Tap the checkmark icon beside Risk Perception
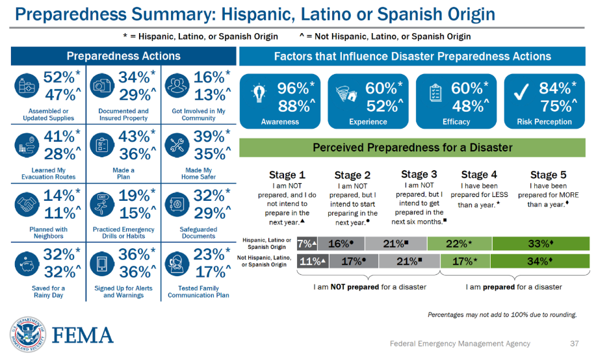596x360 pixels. (x=519, y=95)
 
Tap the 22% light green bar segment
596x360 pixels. (x=460, y=244)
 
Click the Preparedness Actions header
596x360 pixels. (x=123, y=57)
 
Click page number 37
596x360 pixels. (x=574, y=344)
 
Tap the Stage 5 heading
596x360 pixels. (x=543, y=175)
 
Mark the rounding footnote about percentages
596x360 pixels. (x=502, y=315)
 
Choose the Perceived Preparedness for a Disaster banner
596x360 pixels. (x=412, y=148)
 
